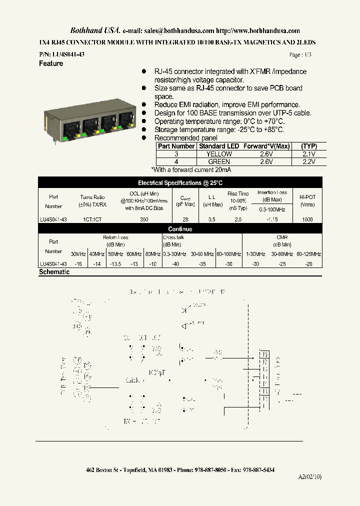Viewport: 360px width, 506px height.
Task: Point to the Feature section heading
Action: pyautogui.click(x=51, y=64)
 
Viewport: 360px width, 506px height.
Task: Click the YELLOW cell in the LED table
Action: pyautogui.click(x=219, y=154)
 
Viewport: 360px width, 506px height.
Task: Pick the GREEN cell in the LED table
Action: pyautogui.click(x=219, y=162)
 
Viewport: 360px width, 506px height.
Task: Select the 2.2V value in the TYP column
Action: pyautogui.click(x=309, y=162)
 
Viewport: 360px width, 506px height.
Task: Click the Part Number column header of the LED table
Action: pyautogui.click(x=176, y=146)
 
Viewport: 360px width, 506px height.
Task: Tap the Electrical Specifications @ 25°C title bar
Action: pyautogui.click(x=180, y=183)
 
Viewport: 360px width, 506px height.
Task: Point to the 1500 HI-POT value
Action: pyautogui.click(x=307, y=219)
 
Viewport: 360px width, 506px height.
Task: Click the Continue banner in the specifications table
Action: pyautogui.click(x=180, y=229)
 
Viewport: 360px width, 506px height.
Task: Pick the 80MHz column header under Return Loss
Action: pyautogui.click(x=152, y=254)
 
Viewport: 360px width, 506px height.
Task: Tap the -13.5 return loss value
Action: pyautogui.click(x=115, y=264)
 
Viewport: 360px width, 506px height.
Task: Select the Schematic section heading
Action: pyautogui.click(x=54, y=272)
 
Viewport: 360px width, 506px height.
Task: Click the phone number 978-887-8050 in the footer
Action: pyautogui.click(x=209, y=470)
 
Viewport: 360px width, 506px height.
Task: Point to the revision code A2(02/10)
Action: pyautogui.click(x=310, y=477)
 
